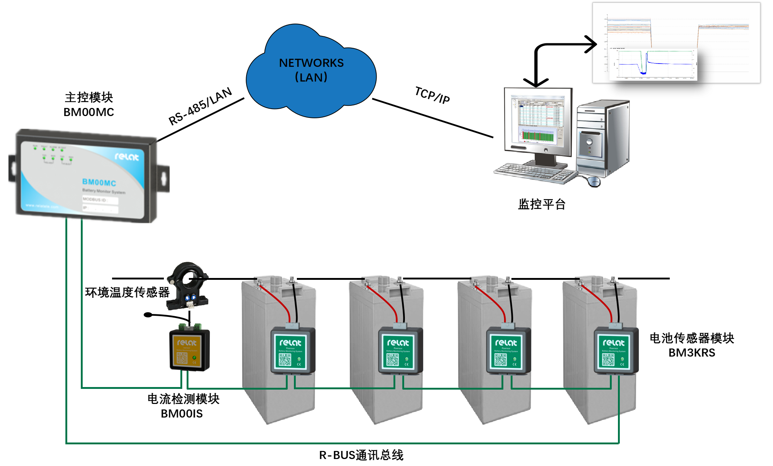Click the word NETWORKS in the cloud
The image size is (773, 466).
[311, 63]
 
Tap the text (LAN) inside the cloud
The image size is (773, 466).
[311, 77]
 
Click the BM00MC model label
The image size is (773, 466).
[99, 182]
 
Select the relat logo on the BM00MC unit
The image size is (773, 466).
[127, 157]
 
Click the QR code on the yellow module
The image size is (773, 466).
[182, 358]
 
